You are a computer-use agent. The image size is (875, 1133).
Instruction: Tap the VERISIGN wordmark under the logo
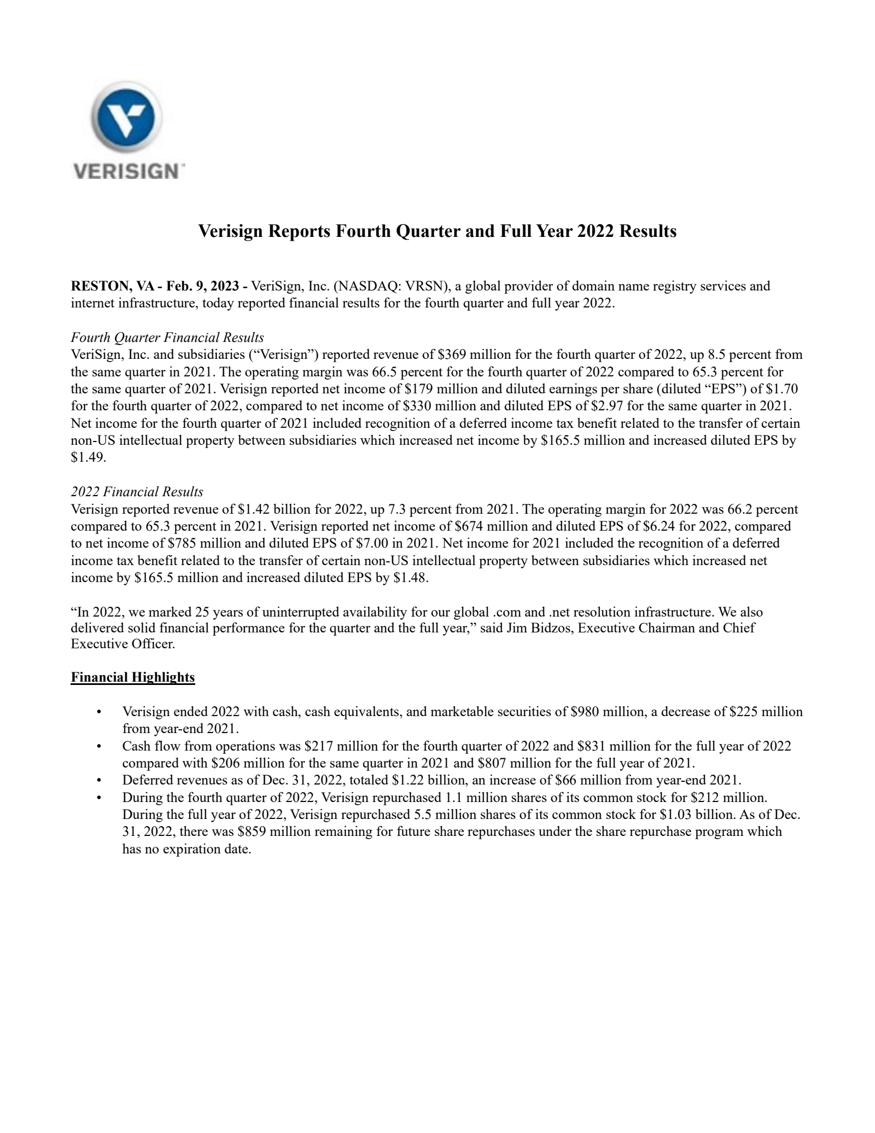[126, 171]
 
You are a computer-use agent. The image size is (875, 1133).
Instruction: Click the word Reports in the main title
[298, 231]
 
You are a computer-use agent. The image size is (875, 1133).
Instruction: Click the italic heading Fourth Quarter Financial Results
[167, 338]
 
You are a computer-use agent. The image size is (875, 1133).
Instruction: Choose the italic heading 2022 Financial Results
[137, 492]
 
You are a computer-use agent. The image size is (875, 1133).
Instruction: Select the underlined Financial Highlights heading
[133, 677]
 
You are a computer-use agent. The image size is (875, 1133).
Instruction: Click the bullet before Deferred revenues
[99, 780]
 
